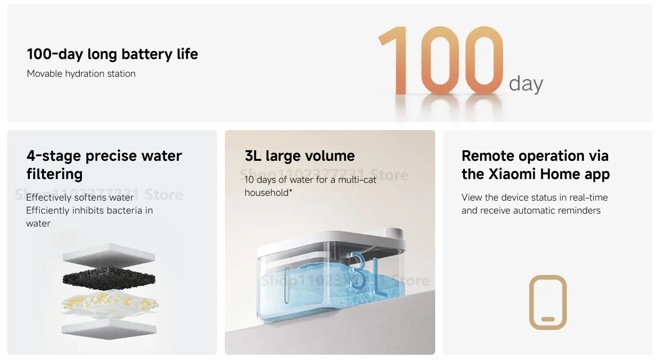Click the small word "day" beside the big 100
[x=526, y=84]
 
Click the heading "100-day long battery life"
[x=112, y=54]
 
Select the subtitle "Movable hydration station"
[x=81, y=73]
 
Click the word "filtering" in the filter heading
[x=54, y=174]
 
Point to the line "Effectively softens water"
[x=80, y=197]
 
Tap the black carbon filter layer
[x=109, y=278]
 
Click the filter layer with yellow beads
[x=110, y=303]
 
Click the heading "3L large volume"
[x=300, y=156]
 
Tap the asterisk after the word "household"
[x=291, y=191]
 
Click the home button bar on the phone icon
[x=548, y=319]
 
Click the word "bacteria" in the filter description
[x=124, y=210]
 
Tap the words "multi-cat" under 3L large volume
[x=357, y=180]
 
